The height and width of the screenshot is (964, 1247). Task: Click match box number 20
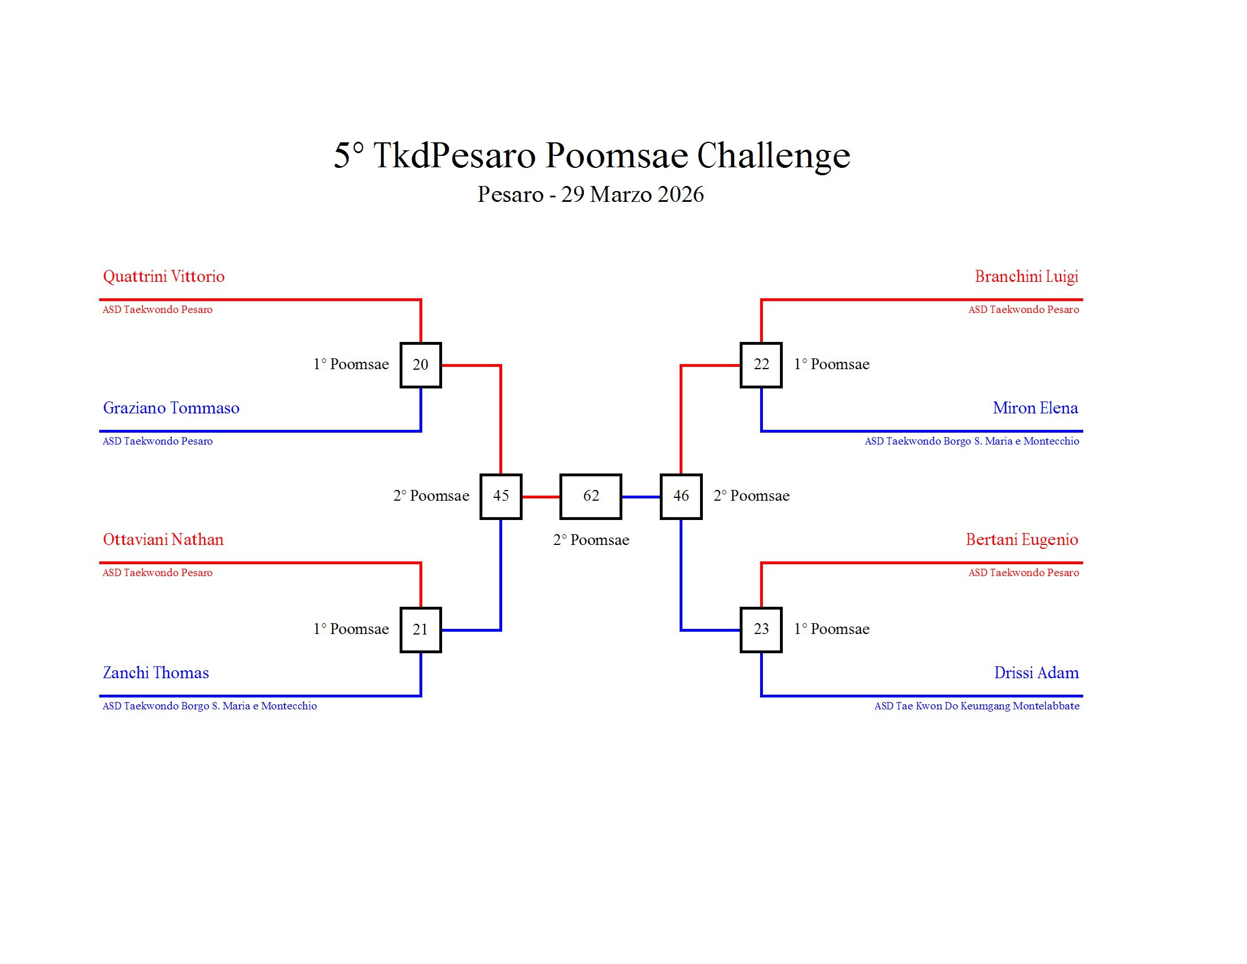(x=420, y=365)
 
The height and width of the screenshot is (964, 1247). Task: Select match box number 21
(x=420, y=629)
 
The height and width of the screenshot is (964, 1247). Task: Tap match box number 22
(x=761, y=365)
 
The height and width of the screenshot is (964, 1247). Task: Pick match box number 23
(x=761, y=629)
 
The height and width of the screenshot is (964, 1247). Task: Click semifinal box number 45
(x=501, y=496)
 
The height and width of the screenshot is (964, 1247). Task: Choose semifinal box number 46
(x=681, y=496)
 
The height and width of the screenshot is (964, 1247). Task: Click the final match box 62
(x=591, y=496)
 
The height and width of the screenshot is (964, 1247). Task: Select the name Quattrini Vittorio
(x=164, y=277)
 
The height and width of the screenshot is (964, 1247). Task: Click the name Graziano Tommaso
(x=171, y=408)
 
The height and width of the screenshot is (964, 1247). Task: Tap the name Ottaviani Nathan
(x=163, y=540)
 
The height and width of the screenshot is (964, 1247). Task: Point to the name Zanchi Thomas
(x=156, y=673)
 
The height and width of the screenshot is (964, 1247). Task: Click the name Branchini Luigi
(x=1027, y=277)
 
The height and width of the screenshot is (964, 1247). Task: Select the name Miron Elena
(x=1036, y=408)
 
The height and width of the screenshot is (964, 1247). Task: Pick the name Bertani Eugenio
(x=1022, y=540)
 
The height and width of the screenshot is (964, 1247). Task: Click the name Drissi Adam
(x=1037, y=673)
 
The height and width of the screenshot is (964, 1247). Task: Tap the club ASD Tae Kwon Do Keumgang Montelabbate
(x=977, y=706)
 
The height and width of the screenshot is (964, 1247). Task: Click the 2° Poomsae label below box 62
(x=591, y=540)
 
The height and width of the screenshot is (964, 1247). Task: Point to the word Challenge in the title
(x=774, y=155)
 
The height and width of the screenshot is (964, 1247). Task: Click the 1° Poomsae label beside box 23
(x=832, y=629)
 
